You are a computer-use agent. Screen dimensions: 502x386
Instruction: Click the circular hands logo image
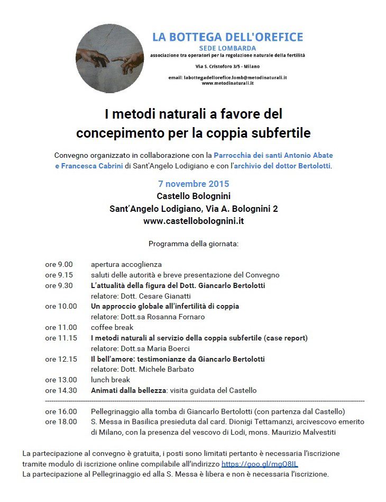pos(110,58)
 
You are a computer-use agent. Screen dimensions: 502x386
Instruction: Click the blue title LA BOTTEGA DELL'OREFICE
pos(227,37)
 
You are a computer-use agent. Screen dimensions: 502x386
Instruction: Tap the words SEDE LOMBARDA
pos(227,48)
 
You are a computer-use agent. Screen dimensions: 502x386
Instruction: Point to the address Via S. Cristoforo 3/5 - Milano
pos(227,66)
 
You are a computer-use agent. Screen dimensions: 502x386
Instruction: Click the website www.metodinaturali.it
pos(227,83)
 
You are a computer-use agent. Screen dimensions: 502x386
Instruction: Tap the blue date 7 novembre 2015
pos(194,184)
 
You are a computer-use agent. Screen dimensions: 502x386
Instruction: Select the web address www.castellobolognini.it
pos(194,221)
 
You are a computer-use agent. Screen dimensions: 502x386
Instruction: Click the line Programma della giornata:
pos(194,244)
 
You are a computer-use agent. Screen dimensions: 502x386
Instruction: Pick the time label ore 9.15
pos(59,275)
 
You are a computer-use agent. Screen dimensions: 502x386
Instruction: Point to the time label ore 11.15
pos(61,338)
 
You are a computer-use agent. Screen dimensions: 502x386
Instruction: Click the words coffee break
pos(112,327)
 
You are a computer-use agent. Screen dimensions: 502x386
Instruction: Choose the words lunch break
pos(110,380)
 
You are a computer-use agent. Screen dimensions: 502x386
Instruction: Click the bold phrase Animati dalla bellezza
pos(128,390)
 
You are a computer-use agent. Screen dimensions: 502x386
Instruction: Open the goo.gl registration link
pos(260,464)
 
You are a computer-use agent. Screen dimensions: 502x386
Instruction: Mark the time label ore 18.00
pos(61,422)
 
